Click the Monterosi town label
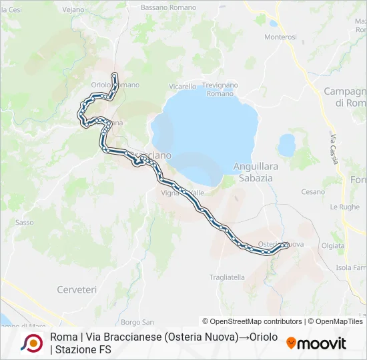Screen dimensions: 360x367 [280, 37]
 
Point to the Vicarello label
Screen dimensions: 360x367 [182, 87]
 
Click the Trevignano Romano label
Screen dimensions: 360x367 [220, 89]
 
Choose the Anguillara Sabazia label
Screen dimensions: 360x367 [254, 172]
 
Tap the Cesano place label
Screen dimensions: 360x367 [312, 192]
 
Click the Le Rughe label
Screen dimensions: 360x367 [349, 207]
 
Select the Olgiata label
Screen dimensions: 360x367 [352, 245]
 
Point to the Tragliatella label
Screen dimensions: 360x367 [227, 277]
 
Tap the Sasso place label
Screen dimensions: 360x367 [24, 222]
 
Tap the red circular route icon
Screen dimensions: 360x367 [32, 343]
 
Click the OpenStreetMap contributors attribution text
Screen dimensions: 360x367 [253, 321]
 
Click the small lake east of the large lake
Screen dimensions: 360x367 [287, 145]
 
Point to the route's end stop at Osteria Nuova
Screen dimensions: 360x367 [286, 245]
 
